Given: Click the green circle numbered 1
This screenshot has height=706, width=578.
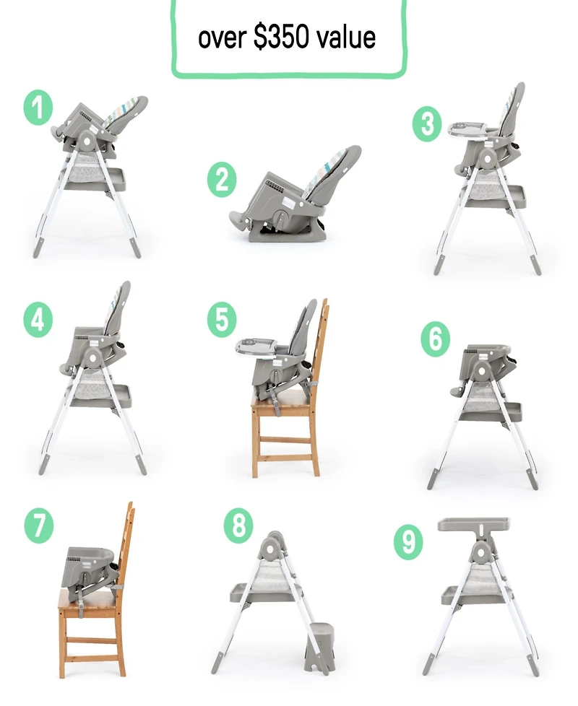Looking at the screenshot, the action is tap(38, 108).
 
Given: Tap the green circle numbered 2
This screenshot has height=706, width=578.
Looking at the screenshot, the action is tap(222, 179).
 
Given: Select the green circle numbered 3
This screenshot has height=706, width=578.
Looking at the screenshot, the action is tap(427, 124).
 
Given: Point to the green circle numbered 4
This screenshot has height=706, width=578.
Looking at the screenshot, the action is tap(38, 320).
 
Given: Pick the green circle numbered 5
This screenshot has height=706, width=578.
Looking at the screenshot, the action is tap(222, 320).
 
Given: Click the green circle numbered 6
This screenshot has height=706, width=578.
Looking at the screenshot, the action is tap(435, 339).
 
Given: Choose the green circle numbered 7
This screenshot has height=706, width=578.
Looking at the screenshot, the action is tap(39, 526).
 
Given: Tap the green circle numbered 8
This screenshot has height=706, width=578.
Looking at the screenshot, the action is tap(238, 525).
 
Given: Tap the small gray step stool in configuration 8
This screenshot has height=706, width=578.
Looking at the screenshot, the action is tap(320, 647).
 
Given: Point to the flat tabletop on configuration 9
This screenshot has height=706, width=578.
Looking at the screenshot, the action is tap(473, 523).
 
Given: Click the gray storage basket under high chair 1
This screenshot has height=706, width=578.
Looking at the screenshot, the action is tap(95, 179).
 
